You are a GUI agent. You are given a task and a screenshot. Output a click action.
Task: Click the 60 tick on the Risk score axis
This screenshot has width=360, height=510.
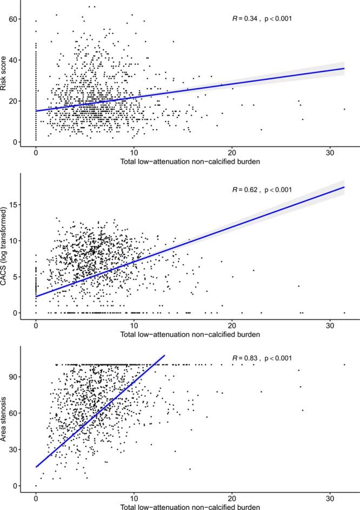12,19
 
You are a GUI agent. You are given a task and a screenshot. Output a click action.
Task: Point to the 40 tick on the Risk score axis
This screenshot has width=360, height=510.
12,60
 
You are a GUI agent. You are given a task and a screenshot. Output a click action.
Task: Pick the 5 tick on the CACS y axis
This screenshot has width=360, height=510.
15,277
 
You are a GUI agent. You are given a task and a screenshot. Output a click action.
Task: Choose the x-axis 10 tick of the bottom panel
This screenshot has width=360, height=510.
134,495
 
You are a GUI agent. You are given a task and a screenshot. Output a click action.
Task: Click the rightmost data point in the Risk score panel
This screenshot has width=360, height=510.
344,109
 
